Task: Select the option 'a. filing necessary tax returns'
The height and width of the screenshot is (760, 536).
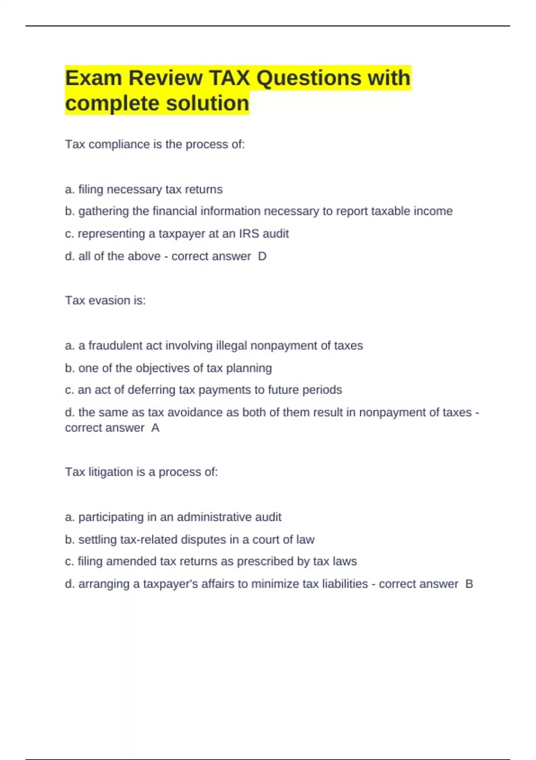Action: pyautogui.click(x=143, y=190)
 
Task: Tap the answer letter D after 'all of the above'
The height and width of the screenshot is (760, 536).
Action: pyautogui.click(x=262, y=256)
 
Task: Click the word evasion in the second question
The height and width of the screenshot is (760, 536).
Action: pyautogui.click(x=109, y=300)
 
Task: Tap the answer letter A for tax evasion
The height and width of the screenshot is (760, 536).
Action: pyautogui.click(x=155, y=428)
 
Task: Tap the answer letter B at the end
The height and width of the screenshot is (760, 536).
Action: pyautogui.click(x=469, y=584)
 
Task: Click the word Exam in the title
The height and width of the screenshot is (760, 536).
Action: pyautogui.click(x=93, y=78)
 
